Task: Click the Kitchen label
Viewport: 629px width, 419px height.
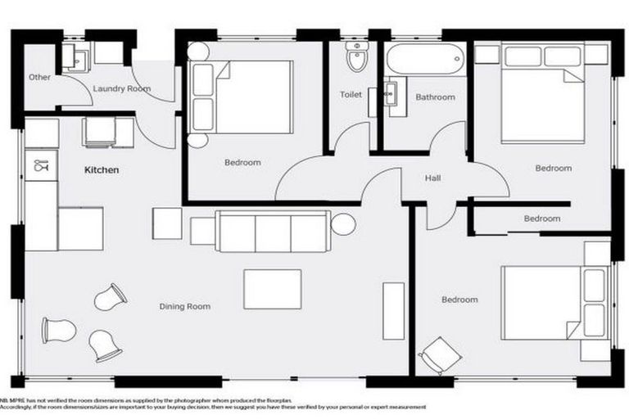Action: click(102, 171)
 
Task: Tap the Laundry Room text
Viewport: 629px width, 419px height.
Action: click(121, 88)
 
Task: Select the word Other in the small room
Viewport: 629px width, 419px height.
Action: click(39, 78)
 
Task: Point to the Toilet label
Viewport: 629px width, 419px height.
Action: click(351, 95)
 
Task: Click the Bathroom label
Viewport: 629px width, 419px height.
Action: click(434, 97)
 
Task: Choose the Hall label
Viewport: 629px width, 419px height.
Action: click(433, 178)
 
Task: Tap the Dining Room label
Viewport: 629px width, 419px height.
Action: click(184, 307)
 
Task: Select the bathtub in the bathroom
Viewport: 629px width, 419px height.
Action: click(425, 60)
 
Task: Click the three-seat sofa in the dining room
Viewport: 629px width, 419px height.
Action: click(273, 232)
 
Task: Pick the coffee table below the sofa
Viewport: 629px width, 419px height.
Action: click(272, 289)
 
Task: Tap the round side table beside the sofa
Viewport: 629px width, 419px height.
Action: click(343, 223)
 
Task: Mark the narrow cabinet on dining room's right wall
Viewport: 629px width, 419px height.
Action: click(393, 310)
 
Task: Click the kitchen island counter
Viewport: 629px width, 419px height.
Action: click(79, 228)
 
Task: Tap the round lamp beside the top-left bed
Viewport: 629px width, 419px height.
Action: click(197, 51)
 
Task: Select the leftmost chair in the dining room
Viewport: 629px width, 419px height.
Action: click(58, 331)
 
